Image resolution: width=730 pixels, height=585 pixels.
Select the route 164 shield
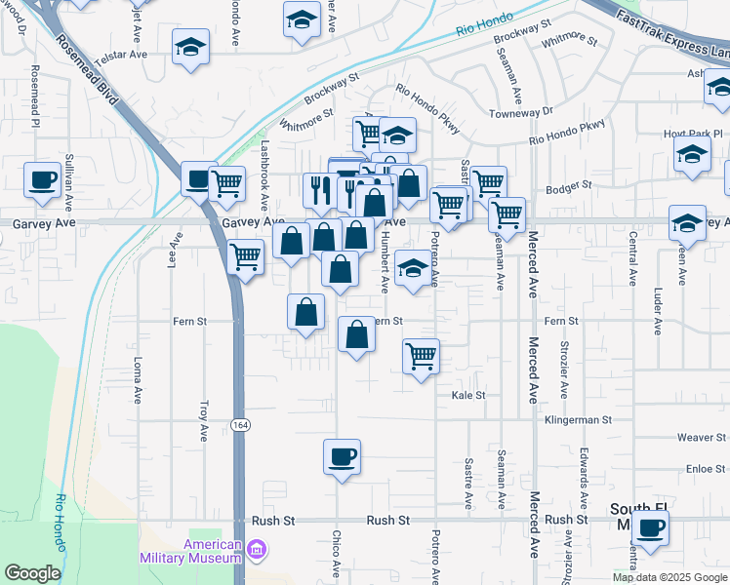(x=238, y=424)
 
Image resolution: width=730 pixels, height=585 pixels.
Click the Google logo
(x=32, y=573)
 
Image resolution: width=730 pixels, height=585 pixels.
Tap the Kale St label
(x=468, y=396)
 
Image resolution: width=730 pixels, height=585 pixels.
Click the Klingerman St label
(x=578, y=420)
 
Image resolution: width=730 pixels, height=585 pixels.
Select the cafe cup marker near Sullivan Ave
(x=43, y=179)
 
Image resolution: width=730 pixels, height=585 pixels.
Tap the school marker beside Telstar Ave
(x=190, y=47)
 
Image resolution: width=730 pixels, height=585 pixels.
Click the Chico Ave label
(x=336, y=551)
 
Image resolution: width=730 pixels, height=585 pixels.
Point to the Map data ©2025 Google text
(x=670, y=577)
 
